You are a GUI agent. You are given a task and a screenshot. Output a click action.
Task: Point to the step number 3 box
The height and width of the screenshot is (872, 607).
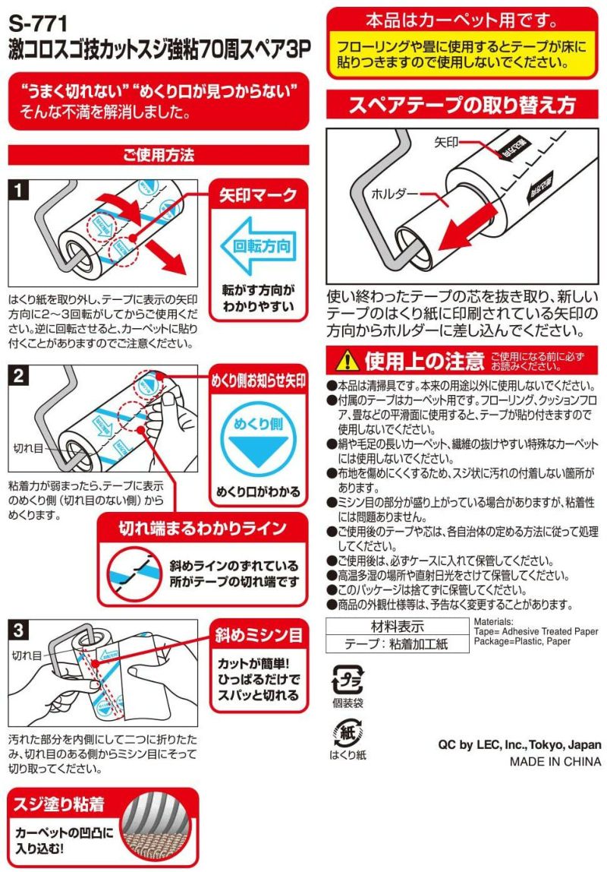click(x=20, y=630)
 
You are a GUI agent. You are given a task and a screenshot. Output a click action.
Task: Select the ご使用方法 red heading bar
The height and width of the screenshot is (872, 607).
click(x=159, y=155)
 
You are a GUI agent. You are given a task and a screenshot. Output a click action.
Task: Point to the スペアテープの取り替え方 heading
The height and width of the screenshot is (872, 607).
click(x=462, y=105)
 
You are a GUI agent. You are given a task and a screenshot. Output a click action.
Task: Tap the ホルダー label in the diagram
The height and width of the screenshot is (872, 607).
click(x=394, y=194)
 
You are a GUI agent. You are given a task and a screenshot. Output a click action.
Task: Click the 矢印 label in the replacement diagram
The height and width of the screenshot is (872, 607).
click(x=446, y=142)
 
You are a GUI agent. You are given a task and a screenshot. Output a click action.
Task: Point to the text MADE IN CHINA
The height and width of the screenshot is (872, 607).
click(x=555, y=761)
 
